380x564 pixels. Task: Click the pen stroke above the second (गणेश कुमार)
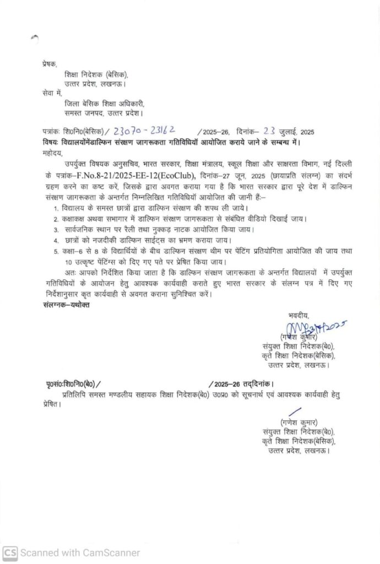(295, 411)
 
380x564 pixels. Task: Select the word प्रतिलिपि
(77, 394)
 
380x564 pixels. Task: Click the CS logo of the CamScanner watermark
(10, 552)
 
